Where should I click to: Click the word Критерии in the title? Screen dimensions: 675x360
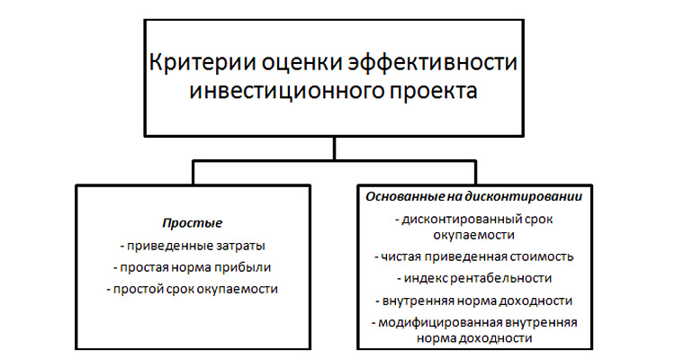202,62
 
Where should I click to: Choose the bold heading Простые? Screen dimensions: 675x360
193,223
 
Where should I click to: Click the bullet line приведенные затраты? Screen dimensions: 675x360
193,246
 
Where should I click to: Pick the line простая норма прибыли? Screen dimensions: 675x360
192,267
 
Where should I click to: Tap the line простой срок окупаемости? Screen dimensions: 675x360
192,289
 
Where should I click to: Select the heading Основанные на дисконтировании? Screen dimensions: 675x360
474,197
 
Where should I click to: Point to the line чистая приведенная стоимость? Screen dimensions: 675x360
474,256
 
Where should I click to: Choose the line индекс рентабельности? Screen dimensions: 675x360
474,278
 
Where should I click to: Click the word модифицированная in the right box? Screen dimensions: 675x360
441,322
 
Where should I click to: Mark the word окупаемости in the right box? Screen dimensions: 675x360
474,235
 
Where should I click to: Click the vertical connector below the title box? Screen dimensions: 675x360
335,148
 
